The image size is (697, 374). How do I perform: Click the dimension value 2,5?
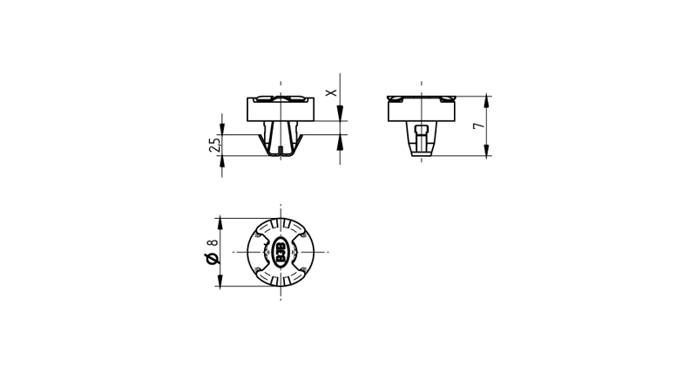tap(214, 145)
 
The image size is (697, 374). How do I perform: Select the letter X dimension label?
tap(331, 92)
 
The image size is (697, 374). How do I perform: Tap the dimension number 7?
tap(478, 126)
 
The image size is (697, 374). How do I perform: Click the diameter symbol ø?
tap(212, 259)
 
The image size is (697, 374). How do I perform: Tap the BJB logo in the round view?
tap(281, 252)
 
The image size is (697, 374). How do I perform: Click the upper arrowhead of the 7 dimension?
tap(487, 102)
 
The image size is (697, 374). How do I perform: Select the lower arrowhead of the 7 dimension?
tap(487, 150)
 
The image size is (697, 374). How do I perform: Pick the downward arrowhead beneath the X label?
tap(340, 113)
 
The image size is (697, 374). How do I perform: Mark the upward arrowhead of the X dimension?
tap(340, 141)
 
